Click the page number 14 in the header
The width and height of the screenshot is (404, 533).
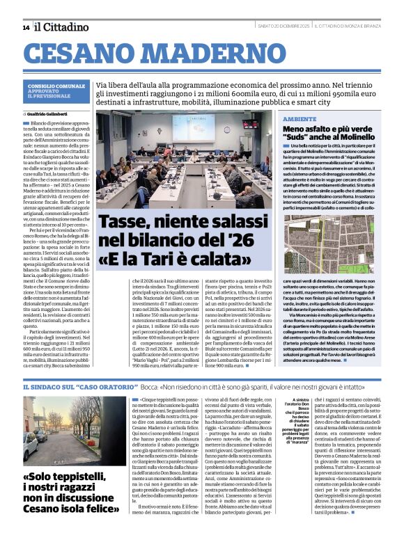click(26, 27)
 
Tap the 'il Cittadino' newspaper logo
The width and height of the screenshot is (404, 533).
click(62, 26)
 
